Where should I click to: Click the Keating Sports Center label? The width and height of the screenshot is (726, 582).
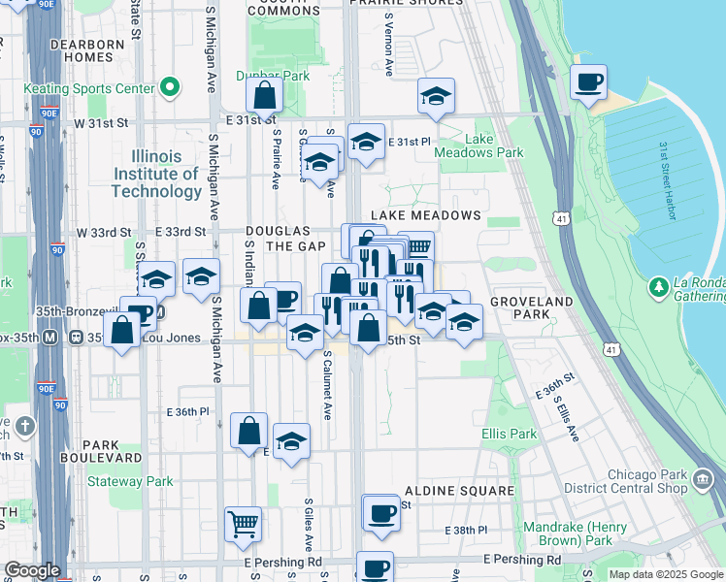click(x=90, y=89)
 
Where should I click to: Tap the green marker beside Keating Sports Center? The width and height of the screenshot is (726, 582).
click(x=170, y=89)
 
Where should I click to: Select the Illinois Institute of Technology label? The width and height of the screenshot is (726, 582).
click(x=156, y=174)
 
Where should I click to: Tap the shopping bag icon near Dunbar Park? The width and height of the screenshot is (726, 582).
click(x=264, y=97)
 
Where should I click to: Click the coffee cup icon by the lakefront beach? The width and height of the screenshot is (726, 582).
click(x=587, y=82)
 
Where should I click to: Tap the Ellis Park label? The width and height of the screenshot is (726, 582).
click(x=509, y=434)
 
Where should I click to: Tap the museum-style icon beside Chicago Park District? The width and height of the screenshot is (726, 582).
click(x=702, y=478)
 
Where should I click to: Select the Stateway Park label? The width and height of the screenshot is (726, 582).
click(x=130, y=481)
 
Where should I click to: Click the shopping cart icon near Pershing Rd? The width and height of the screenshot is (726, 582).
click(x=243, y=524)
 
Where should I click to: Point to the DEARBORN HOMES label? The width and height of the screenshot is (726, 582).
click(x=86, y=50)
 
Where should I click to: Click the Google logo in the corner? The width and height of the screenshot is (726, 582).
click(x=32, y=570)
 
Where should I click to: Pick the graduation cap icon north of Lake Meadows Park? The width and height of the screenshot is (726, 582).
click(x=436, y=96)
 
